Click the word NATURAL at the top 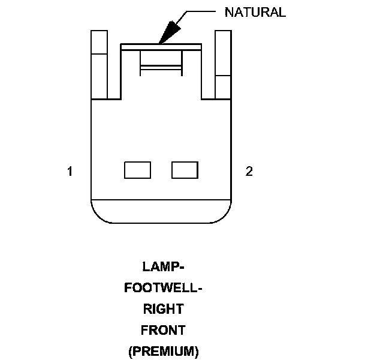(x=255, y=12)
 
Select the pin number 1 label (x=70, y=172)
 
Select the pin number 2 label (x=249, y=172)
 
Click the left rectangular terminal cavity (x=137, y=170)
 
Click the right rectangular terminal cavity (x=185, y=170)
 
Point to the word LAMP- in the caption (x=162, y=266)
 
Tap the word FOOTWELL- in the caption (x=162, y=288)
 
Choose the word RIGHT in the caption (x=162, y=310)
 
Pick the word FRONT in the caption (x=162, y=330)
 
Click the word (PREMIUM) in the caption (x=162, y=351)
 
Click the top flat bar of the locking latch (x=161, y=46)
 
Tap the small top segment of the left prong (x=99, y=41)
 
